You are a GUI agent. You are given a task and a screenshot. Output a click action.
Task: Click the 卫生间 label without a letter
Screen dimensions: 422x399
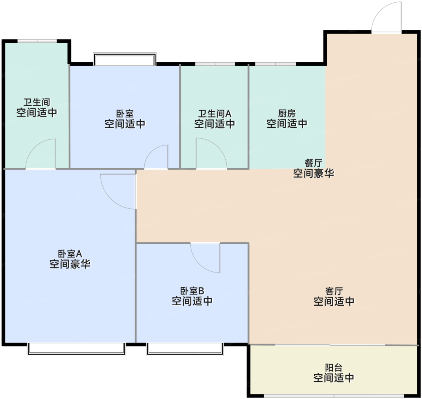coord(37,102)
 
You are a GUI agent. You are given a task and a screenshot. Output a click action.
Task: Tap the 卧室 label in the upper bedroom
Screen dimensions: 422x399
coord(125,114)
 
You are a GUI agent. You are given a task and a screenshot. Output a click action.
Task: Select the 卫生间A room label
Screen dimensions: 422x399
coord(215,114)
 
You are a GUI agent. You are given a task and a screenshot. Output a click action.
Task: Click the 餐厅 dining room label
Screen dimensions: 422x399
coord(313,163)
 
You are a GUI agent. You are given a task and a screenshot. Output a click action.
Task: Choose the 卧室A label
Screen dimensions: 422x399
coord(70,254)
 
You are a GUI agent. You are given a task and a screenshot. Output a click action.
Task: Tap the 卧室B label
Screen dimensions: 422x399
coord(192,291)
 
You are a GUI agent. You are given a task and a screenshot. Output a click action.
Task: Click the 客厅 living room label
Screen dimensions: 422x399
coord(334,291)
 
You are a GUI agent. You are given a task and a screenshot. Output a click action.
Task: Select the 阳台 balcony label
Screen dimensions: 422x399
coord(334,367)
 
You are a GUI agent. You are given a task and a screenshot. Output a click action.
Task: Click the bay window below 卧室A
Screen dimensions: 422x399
coord(77,349)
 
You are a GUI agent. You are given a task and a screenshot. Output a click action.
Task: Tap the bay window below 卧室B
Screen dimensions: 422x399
coord(185,349)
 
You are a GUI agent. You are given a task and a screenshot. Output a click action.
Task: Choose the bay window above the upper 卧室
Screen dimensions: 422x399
coord(125,59)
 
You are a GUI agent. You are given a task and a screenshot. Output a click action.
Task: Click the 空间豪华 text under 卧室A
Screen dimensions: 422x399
coord(70,264)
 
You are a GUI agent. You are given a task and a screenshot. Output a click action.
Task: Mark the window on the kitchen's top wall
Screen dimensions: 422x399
coord(276,64)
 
